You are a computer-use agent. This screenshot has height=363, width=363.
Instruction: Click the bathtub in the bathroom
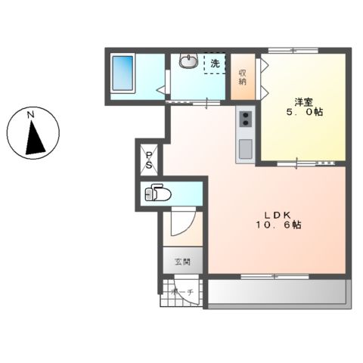(123, 73)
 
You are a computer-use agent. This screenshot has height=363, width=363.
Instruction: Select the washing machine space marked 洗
(215, 64)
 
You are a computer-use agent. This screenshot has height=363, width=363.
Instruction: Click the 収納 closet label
(243, 77)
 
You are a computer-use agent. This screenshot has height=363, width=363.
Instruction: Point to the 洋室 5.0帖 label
(304, 107)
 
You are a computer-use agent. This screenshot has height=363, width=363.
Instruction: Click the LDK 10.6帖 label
(278, 220)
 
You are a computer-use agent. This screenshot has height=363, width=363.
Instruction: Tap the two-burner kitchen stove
(246, 119)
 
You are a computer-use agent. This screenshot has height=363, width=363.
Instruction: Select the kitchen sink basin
(246, 149)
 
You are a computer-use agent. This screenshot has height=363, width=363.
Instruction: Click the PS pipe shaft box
(149, 160)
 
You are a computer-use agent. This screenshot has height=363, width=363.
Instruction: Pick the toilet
(157, 194)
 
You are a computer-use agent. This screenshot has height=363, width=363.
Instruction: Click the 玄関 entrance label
(182, 262)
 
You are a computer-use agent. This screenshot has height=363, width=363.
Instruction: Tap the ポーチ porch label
(182, 293)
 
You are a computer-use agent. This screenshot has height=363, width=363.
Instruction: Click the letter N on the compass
(31, 115)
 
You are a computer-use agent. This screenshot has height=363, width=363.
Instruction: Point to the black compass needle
(35, 138)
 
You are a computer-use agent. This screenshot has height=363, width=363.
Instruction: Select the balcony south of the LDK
(277, 292)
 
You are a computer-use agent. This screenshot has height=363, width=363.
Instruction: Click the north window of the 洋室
(293, 51)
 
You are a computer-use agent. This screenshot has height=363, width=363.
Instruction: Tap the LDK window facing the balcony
(275, 277)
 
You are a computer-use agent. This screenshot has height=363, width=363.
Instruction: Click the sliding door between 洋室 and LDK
(306, 163)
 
